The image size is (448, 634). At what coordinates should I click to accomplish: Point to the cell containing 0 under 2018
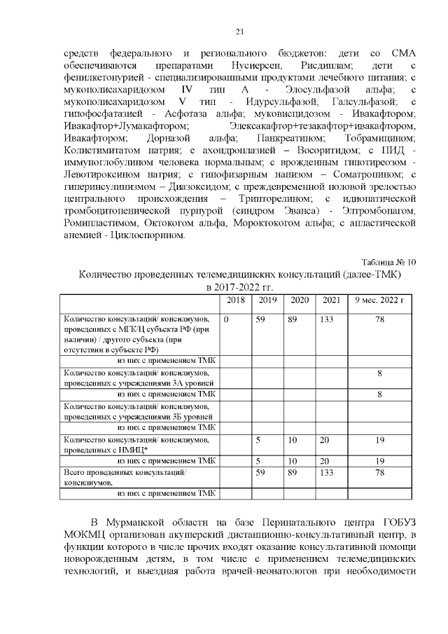tap(227, 319)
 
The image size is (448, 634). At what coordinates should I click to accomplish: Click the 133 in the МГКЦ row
tap(327, 319)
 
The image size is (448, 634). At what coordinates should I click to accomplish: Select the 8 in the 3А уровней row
tap(379, 374)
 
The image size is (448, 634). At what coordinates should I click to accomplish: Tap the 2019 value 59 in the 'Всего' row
tap(260, 473)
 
